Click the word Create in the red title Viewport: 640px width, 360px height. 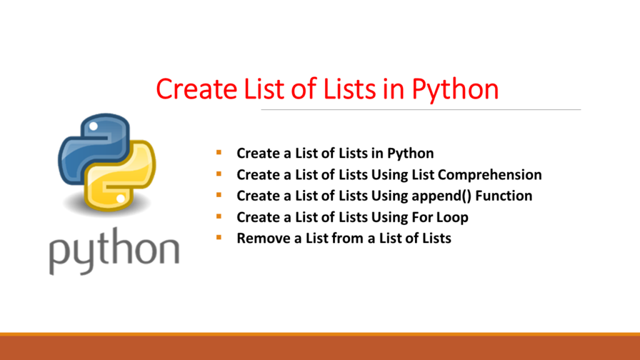click(x=196, y=89)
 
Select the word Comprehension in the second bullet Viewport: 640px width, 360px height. click(x=490, y=175)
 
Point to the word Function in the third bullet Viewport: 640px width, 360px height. click(x=504, y=196)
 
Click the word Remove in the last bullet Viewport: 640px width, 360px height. click(x=263, y=238)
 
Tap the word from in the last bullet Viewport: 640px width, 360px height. click(x=349, y=238)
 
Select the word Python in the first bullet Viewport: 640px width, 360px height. click(x=410, y=154)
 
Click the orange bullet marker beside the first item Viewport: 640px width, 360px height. click(x=219, y=152)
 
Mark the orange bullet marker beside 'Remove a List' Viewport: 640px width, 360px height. click(x=219, y=237)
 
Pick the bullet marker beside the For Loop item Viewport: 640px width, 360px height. click(x=219, y=216)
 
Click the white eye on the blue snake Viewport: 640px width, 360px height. click(x=94, y=126)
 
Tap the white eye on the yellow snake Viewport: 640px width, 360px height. click(x=121, y=199)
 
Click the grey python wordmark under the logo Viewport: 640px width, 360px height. click(x=114, y=251)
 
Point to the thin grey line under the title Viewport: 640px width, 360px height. click(x=421, y=110)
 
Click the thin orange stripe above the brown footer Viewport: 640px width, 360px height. click(x=320, y=334)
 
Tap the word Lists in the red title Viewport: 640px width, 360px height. click(x=349, y=89)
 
